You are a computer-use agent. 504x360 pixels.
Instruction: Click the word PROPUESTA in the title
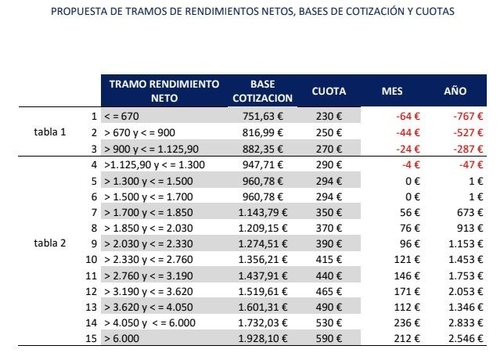point(77,12)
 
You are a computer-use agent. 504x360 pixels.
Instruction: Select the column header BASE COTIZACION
point(262,91)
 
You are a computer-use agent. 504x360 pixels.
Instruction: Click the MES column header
point(391,92)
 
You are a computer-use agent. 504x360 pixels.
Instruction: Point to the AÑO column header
point(455,92)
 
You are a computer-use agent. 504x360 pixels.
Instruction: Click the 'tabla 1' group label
point(50,131)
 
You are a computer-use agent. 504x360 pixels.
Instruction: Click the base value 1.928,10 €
point(263,339)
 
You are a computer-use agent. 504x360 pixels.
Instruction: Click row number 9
point(94,243)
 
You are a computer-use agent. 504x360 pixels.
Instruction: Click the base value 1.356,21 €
point(263,259)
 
